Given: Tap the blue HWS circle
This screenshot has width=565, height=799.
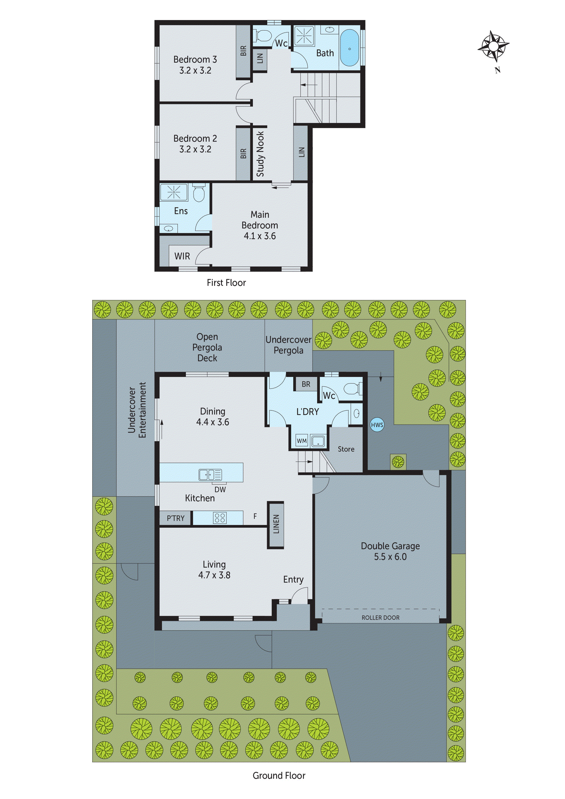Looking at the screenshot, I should (x=377, y=425).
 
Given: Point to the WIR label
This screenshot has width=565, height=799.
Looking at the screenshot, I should (x=182, y=256).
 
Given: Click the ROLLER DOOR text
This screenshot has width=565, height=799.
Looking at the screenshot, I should (x=380, y=618).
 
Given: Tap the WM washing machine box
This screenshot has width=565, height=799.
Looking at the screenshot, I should (x=301, y=441).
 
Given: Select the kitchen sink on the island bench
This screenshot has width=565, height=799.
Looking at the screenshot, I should (x=210, y=475).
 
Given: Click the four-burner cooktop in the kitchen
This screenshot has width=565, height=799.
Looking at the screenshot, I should (x=220, y=518).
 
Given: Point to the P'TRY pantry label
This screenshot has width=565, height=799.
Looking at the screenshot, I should (x=175, y=518).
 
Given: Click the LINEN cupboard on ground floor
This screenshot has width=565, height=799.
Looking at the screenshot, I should (x=276, y=524).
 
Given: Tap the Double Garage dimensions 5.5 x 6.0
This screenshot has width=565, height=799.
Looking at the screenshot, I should (x=390, y=557).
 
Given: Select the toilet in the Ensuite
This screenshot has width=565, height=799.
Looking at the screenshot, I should (x=199, y=194).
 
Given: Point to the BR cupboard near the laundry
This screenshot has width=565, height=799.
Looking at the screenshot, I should (x=306, y=384).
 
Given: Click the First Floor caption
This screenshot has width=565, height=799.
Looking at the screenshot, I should (x=226, y=282).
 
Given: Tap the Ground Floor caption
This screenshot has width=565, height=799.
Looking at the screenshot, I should (x=279, y=776).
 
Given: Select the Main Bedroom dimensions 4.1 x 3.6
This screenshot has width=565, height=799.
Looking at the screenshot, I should (x=260, y=236).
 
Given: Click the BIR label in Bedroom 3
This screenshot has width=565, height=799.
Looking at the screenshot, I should (x=243, y=51).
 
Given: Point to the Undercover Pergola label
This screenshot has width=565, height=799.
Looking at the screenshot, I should (x=288, y=345).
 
